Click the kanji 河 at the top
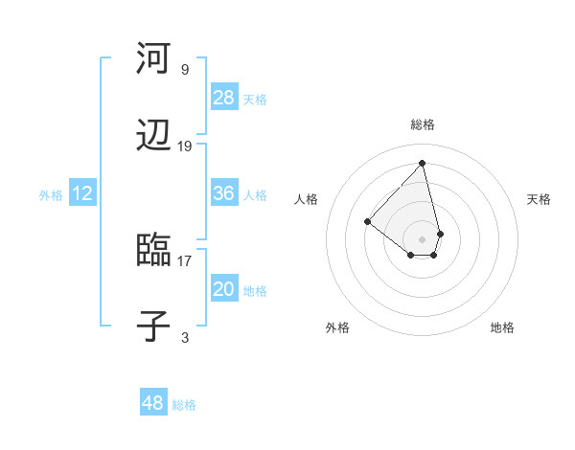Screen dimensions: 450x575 click(153, 59)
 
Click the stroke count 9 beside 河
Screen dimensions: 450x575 click(185, 70)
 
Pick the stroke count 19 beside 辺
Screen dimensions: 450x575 click(185, 146)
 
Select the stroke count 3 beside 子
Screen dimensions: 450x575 click(185, 337)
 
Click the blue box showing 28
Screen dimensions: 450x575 click(224, 98)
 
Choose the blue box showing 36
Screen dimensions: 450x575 click(224, 193)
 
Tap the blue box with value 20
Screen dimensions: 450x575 click(224, 289)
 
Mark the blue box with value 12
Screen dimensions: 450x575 click(82, 193)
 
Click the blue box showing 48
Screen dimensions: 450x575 click(152, 403)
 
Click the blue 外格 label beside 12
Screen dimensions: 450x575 click(51, 195)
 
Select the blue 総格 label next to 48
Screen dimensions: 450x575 click(184, 405)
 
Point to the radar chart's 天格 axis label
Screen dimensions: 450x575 click(539, 199)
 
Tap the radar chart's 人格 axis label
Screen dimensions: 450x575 click(307, 199)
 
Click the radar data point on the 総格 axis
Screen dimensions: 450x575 click(422, 163)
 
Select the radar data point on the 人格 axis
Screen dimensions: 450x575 click(367, 221)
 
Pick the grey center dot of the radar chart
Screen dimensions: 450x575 click(422, 238)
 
